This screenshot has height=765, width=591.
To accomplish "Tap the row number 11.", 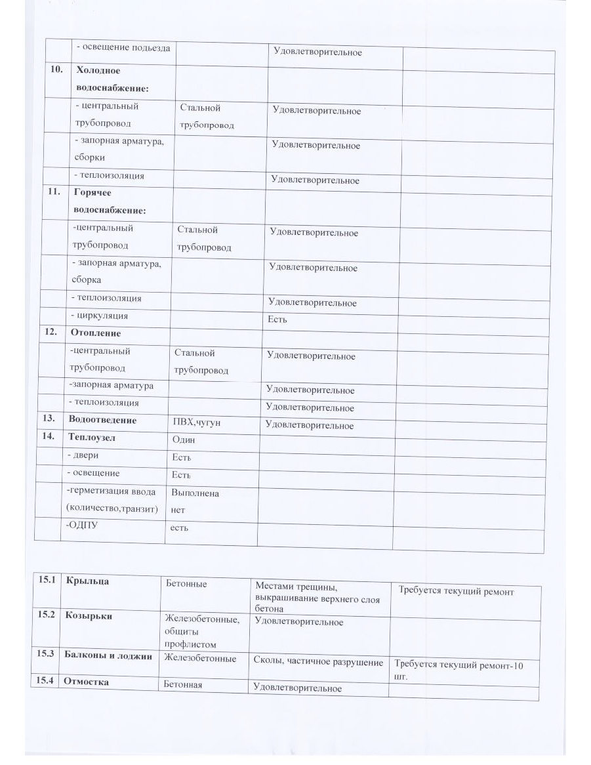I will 56,194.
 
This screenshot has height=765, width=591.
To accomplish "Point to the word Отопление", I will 94,333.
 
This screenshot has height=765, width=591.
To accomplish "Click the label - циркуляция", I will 100,316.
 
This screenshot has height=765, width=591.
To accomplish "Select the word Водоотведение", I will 102,420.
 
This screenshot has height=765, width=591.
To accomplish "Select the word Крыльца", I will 88,581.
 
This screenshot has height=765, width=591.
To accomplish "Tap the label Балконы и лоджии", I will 108,656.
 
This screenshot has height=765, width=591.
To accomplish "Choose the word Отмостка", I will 85,682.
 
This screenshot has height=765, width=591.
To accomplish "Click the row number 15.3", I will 46,655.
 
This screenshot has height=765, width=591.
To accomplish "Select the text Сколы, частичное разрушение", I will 318,662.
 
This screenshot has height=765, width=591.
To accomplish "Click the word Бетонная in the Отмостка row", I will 182,685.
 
